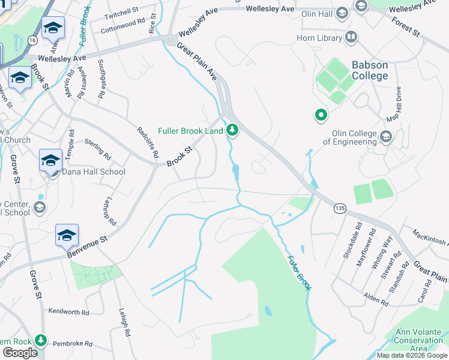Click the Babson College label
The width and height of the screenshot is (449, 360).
pos(361,71)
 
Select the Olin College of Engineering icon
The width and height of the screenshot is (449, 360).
pos(385,137)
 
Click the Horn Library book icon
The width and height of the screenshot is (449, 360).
pos(351,38)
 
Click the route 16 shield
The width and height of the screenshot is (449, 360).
pos(32,40)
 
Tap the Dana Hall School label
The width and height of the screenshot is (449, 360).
pos(94,172)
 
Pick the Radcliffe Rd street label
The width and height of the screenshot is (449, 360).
pos(147,142)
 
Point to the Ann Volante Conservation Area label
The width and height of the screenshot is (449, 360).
pos(418,340)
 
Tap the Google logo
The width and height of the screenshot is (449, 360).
pos(20,353)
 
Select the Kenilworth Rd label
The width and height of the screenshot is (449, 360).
pos(68,313)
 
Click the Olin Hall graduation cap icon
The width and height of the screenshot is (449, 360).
pos(342,13)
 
